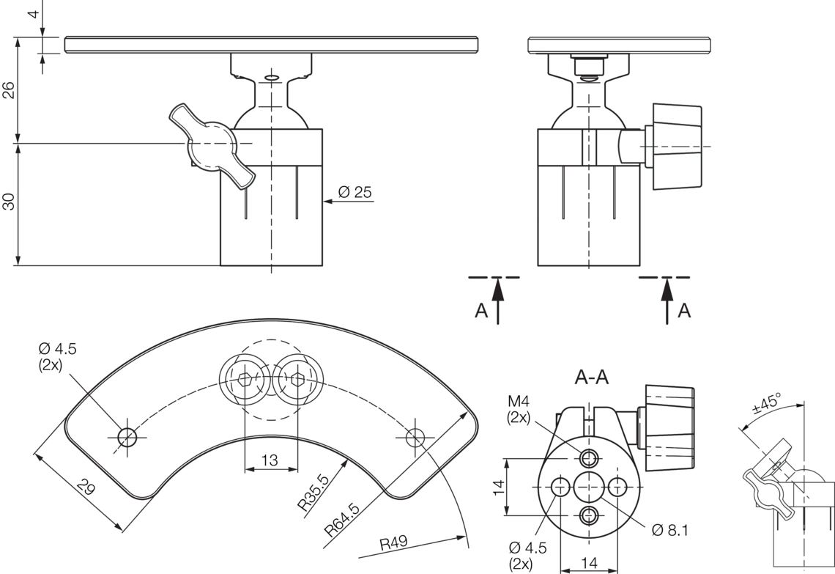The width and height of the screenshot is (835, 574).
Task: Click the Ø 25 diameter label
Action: coord(355,192)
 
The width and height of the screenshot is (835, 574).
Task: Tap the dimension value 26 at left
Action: coord(9,90)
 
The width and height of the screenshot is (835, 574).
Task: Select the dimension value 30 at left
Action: coord(9,202)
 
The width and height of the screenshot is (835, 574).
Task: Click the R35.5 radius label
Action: coord(313,493)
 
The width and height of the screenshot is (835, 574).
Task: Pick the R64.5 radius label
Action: coord(342,519)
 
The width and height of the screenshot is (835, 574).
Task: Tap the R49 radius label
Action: coord(393,543)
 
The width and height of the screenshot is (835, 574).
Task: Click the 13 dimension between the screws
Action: coord(270,460)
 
